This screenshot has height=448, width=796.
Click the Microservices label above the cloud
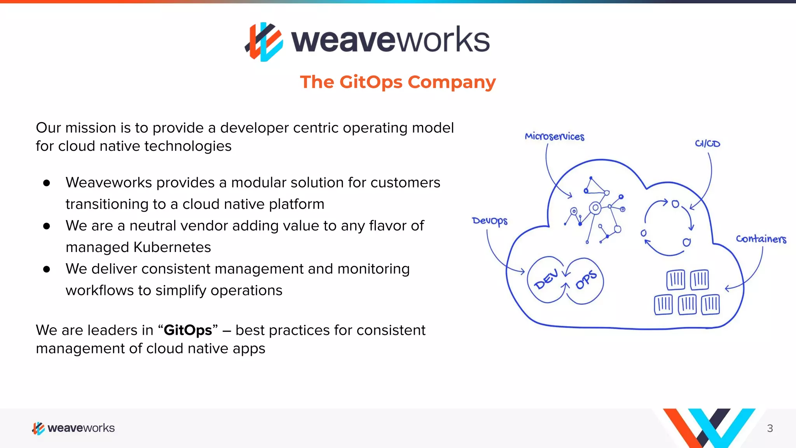(554, 136)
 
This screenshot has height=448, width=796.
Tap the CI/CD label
(707, 143)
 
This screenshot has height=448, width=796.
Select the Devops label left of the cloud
(490, 221)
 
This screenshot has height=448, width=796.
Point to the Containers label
(761, 239)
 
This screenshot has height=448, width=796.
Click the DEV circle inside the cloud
(546, 279)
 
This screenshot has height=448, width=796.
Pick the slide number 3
(770, 428)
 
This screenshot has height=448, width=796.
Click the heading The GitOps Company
(398, 82)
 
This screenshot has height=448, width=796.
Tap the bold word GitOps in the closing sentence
(188, 330)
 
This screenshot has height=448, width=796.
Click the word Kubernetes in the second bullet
(172, 247)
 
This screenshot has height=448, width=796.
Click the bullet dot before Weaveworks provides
(47, 183)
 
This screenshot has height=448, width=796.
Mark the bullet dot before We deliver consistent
(47, 269)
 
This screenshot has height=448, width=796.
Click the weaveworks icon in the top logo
(264, 42)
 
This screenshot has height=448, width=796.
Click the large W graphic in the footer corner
(708, 428)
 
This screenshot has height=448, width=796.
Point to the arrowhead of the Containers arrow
(726, 289)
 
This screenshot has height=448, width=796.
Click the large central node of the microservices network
(595, 208)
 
